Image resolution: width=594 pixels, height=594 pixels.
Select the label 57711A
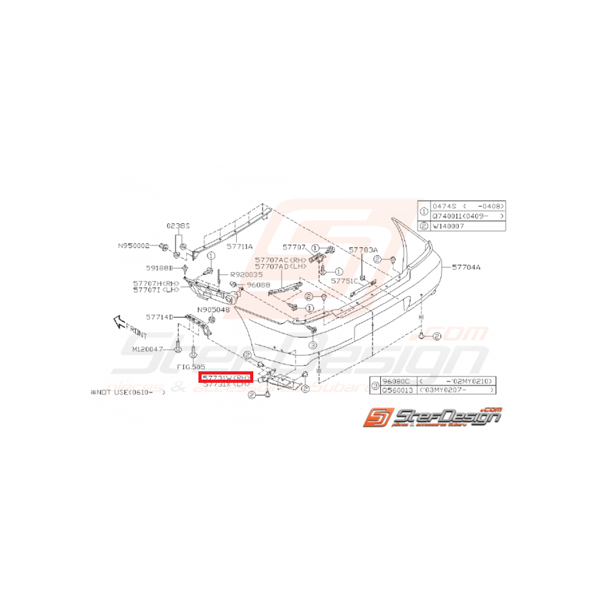click(240, 246)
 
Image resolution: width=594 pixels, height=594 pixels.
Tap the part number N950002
click(133, 246)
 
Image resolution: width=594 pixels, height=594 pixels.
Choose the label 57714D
click(159, 316)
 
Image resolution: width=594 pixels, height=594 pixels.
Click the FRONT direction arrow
click(120, 322)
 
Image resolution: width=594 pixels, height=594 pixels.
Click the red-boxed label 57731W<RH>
click(226, 378)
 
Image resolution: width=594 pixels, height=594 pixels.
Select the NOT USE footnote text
click(129, 394)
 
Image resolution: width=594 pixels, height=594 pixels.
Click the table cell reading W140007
click(450, 226)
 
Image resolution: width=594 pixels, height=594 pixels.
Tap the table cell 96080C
click(394, 380)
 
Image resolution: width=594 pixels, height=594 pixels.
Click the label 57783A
click(363, 250)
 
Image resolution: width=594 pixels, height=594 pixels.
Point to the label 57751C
click(345, 280)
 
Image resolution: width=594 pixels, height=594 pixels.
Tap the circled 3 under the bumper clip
click(313, 345)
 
